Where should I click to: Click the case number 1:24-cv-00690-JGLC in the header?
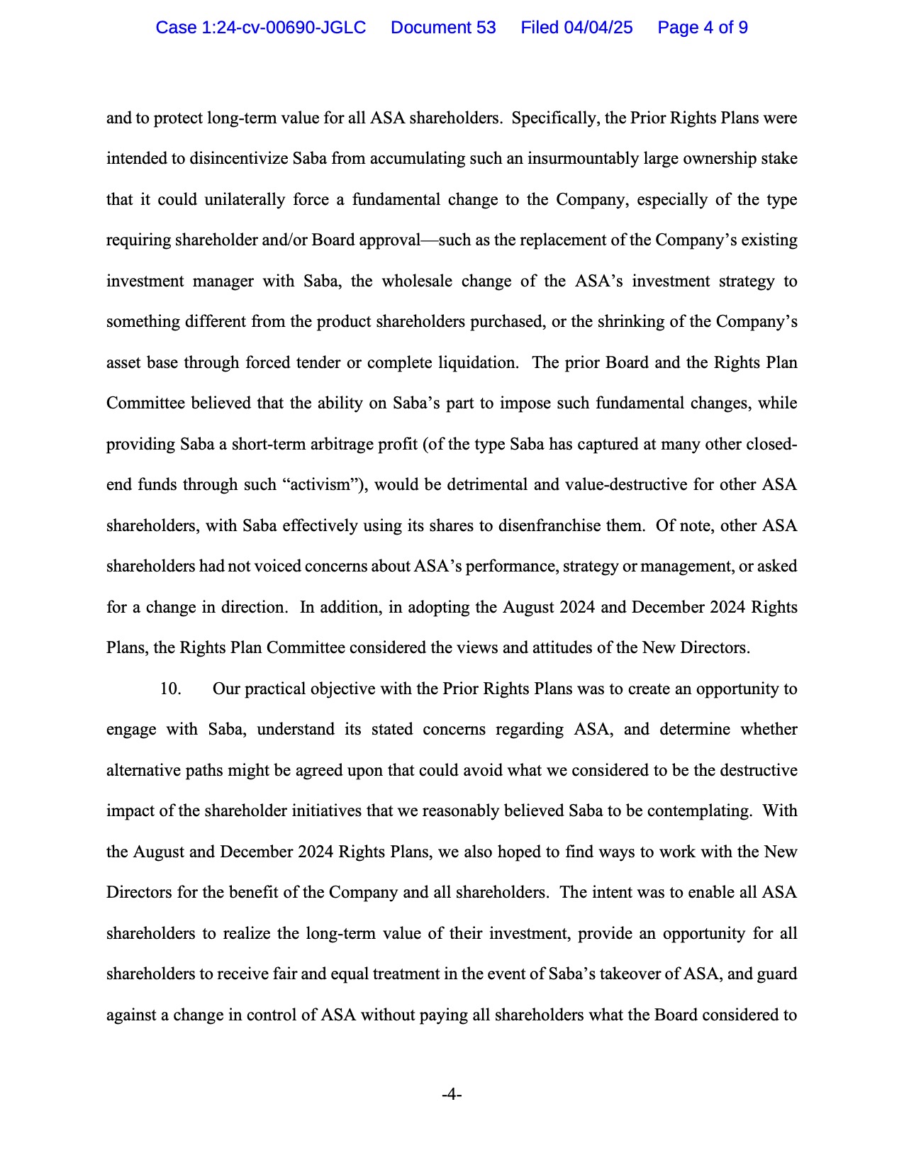260,28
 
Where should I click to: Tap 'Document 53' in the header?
443,28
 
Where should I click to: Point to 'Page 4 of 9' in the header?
703,28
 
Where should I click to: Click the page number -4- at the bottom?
452,1095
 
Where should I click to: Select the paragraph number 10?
170,689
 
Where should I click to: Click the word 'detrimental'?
458,485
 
